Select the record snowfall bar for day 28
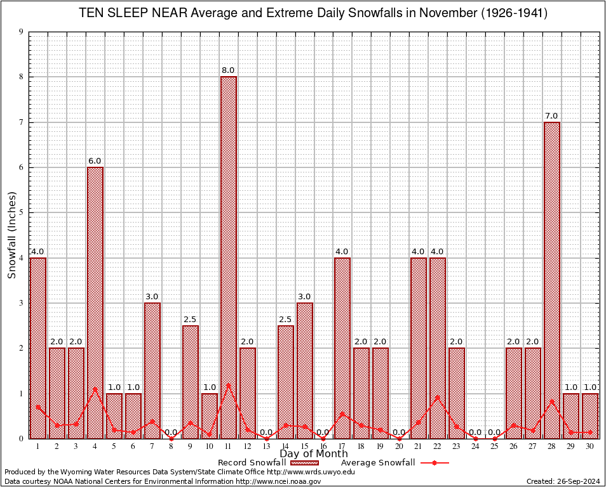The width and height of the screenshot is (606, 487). click(552, 280)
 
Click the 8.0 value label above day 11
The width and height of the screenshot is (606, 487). click(228, 70)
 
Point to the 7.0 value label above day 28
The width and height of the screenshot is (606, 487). click(551, 116)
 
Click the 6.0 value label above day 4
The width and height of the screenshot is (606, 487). click(95, 161)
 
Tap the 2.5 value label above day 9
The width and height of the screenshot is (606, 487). click(191, 320)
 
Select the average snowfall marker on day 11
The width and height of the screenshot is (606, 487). click(229, 385)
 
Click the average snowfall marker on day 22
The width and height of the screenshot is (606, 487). click(438, 398)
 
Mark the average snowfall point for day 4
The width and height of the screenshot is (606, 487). click(95, 389)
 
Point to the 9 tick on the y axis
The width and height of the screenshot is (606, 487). click(22, 32)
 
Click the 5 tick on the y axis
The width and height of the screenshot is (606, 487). click(22, 212)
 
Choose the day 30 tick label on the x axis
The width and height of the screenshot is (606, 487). click(590, 446)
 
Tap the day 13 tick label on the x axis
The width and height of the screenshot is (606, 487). click(266, 446)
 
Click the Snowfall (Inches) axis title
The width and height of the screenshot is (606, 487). click(12, 235)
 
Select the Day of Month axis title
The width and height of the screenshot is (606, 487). click(314, 454)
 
